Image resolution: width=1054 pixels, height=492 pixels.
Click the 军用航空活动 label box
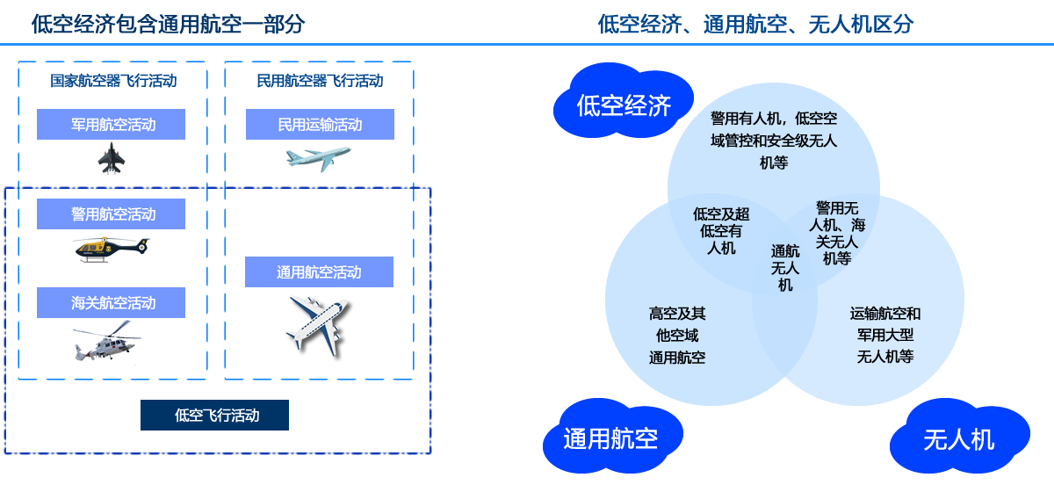click(111, 125)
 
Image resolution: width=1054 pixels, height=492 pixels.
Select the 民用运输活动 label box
click(320, 125)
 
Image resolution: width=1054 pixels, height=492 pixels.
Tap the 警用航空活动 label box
click(111, 214)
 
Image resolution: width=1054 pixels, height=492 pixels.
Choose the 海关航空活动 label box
click(111, 303)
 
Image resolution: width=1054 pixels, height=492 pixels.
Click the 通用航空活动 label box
click(319, 272)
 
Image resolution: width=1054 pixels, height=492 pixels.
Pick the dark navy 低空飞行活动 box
click(214, 416)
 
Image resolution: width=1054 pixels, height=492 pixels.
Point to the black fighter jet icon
click(112, 159)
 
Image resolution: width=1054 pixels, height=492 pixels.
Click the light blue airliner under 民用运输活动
click(317, 159)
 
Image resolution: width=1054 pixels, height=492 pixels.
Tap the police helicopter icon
click(112, 250)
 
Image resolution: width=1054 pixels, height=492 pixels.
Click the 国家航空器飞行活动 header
click(112, 82)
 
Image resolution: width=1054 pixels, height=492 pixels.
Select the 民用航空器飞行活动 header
click(320, 82)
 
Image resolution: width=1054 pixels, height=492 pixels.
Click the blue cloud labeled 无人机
click(958, 438)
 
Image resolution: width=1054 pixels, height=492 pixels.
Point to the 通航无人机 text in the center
click(785, 267)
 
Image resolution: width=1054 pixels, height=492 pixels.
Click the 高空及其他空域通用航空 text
click(677, 336)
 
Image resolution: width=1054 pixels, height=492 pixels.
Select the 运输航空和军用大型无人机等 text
click(885, 336)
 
